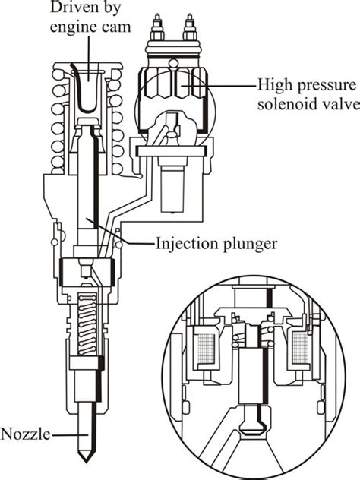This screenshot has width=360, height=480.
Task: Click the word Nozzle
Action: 25,434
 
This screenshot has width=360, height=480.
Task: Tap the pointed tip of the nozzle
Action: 87,461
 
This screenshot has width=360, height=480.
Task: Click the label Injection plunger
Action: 216,244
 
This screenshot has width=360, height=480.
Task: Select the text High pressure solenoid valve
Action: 308,94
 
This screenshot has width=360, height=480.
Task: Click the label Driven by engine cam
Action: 90,17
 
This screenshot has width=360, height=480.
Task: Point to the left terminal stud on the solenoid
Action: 157,28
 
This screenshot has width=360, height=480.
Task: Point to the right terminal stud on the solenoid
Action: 190,28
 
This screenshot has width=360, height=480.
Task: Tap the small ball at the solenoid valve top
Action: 174,63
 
